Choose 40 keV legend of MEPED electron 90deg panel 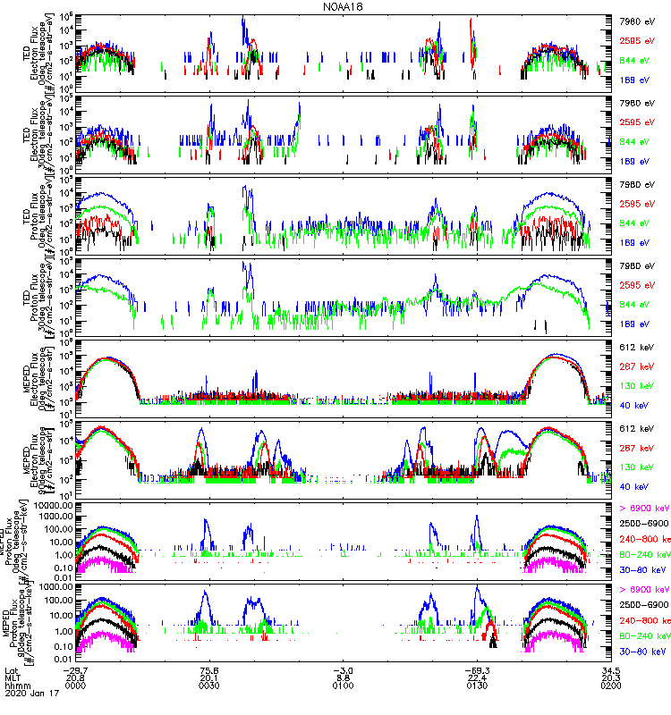(x=633, y=485)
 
